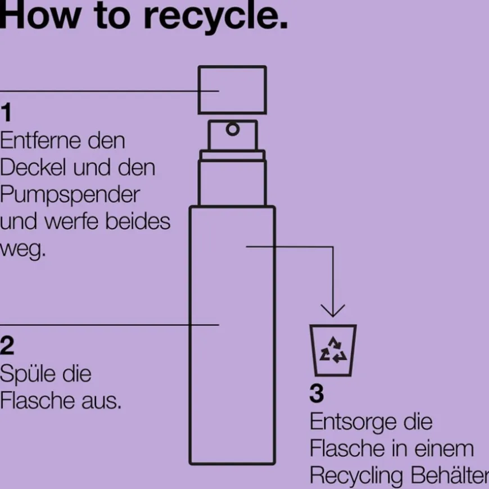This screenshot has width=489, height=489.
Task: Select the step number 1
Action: tap(6, 112)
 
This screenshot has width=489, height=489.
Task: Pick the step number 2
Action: tap(7, 345)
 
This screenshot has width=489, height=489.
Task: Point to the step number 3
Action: tap(316, 393)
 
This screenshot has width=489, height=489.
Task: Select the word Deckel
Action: tap(33, 168)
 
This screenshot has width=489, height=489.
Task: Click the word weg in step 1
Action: tap(22, 250)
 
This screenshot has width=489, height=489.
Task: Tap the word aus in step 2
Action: tap(101, 401)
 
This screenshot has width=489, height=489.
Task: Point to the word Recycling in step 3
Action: tap(356, 476)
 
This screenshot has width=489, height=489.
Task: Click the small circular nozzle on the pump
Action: tap(233, 129)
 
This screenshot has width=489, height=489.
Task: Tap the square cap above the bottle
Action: tap(232, 90)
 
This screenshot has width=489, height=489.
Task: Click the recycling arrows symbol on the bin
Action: tap(333, 350)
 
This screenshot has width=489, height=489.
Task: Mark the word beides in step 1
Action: tap(138, 221)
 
